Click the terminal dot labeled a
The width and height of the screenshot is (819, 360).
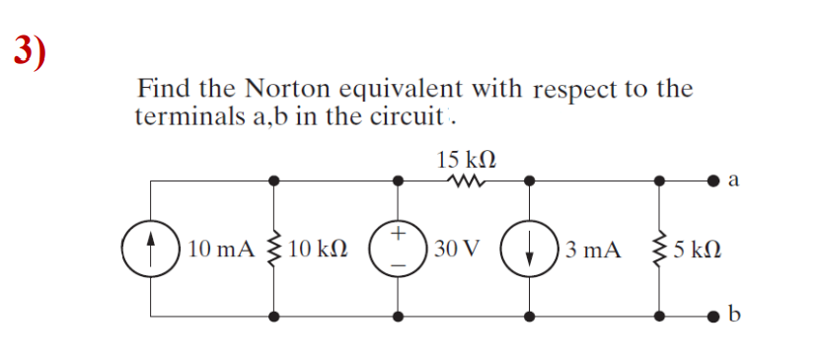pyautogui.click(x=712, y=181)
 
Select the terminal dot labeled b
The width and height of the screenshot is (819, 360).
pyautogui.click(x=712, y=316)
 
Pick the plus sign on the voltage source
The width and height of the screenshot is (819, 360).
pyautogui.click(x=398, y=233)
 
